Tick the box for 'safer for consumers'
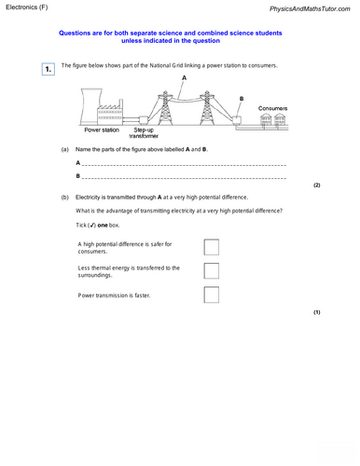[x=211, y=247]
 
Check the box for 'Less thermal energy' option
[x=211, y=271]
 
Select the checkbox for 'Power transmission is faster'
[x=211, y=295]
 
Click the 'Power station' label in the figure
[x=104, y=130]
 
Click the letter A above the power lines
[x=185, y=79]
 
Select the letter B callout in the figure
[x=242, y=98]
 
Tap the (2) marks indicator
[x=316, y=185]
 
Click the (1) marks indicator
[x=316, y=311]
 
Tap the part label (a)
[x=64, y=149]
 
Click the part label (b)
[x=64, y=199]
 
